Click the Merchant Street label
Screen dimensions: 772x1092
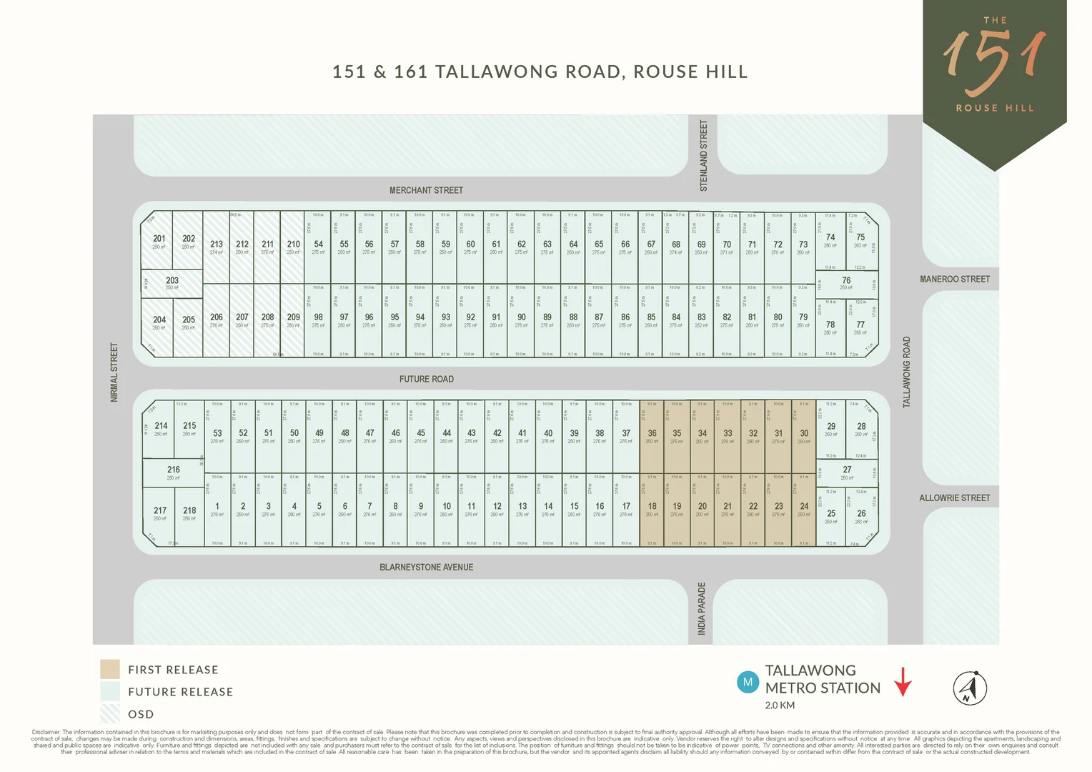(426, 190)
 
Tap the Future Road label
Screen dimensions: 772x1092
(426, 379)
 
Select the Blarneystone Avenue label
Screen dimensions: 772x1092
(426, 567)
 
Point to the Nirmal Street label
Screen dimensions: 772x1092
(114, 372)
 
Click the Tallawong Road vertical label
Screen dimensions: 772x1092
(906, 372)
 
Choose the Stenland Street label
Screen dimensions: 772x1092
(703, 156)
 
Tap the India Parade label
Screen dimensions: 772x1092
(701, 608)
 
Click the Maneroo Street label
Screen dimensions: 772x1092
(954, 279)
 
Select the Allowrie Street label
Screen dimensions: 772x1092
(954, 498)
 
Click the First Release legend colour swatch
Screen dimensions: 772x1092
(110, 669)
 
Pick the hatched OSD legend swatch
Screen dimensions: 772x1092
(110, 713)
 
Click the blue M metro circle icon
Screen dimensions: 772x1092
(748, 682)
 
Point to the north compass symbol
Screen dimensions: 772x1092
(970, 688)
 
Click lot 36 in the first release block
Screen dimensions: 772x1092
(652, 435)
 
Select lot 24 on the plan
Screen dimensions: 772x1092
(804, 508)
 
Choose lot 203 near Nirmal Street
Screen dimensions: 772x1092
(172, 282)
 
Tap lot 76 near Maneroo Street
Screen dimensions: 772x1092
(846, 282)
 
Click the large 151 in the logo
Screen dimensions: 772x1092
(994, 63)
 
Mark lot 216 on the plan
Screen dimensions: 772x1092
(174, 472)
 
